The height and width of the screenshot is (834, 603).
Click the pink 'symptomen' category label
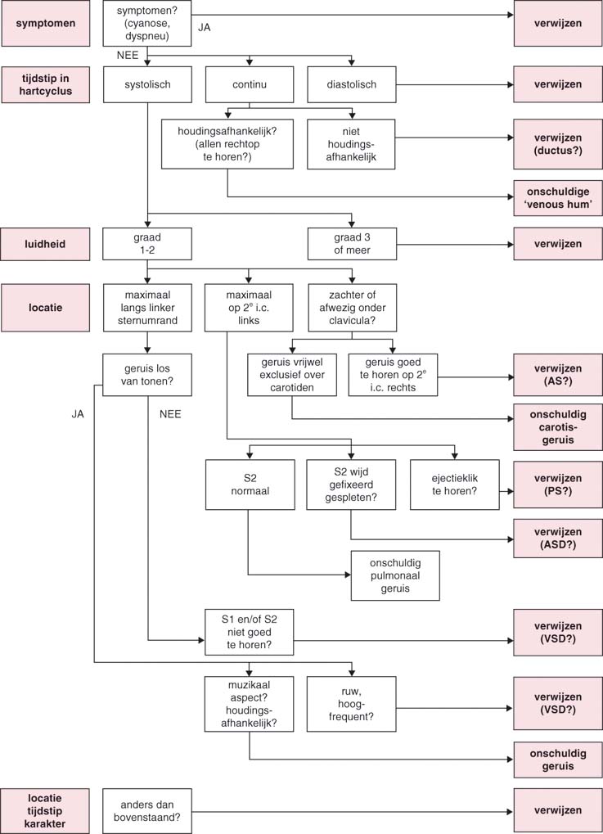pos(46,23)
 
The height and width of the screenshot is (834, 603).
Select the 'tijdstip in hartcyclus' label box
pos(46,84)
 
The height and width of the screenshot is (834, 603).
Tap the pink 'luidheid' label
pos(46,243)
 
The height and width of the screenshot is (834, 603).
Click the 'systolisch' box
pos(147,84)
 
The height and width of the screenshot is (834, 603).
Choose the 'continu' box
pos(249,84)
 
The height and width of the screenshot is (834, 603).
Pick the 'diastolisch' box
pos(351,84)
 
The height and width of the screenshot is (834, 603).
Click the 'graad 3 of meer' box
pos(351,243)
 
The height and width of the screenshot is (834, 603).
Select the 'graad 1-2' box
pos(147,243)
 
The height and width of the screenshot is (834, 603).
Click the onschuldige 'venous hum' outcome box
pos(558,196)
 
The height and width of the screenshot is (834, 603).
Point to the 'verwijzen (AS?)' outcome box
pos(558,375)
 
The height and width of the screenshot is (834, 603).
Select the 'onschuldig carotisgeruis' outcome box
pos(558,426)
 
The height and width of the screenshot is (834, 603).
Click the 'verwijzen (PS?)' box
pos(558,485)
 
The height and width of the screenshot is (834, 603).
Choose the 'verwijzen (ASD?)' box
pos(558,539)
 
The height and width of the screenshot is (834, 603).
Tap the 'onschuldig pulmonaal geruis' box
pos(395,575)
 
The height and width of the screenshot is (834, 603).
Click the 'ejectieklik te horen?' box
pos(454,485)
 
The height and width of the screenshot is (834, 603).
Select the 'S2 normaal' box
pos(249,485)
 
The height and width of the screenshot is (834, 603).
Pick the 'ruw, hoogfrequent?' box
pos(351,704)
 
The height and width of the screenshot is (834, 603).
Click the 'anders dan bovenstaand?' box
pos(147,811)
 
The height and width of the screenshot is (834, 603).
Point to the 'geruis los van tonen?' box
pos(147,375)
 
